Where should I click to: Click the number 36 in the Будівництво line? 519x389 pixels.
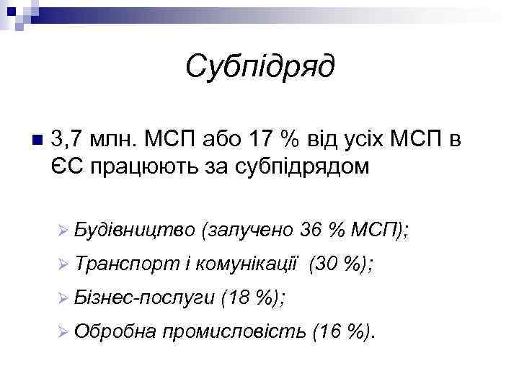tap(312, 230)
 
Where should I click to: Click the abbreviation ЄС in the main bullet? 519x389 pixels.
tap(68, 166)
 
